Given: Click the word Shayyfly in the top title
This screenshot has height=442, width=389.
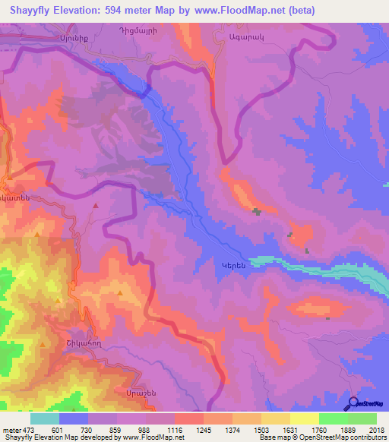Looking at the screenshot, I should [x=29, y=11].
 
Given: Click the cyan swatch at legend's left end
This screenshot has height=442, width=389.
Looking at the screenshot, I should [x=45, y=418].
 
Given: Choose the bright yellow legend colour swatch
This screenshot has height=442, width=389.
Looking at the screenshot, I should [x=304, y=418].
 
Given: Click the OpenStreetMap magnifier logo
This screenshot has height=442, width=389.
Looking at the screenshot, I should [x=352, y=404].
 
